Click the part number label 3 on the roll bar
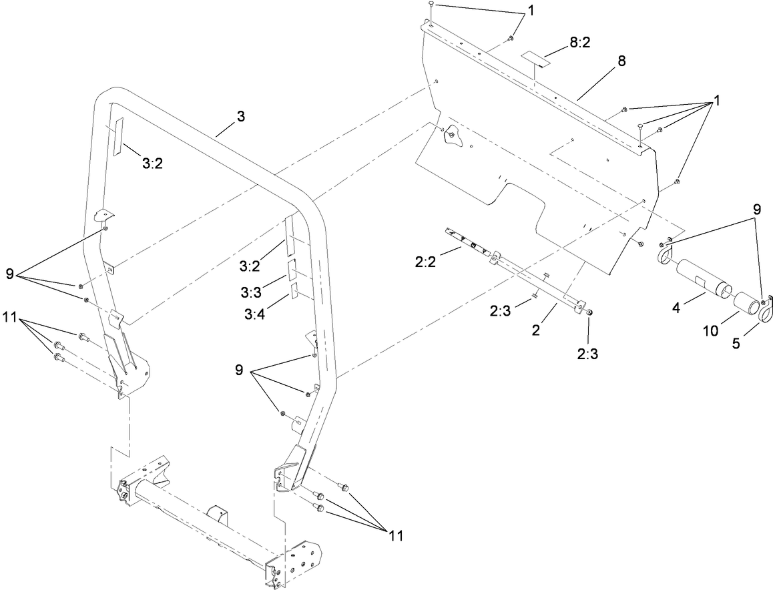tap(240, 116)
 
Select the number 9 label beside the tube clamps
tap(756, 208)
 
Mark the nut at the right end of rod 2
tap(589, 312)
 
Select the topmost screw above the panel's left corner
tap(432, 5)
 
